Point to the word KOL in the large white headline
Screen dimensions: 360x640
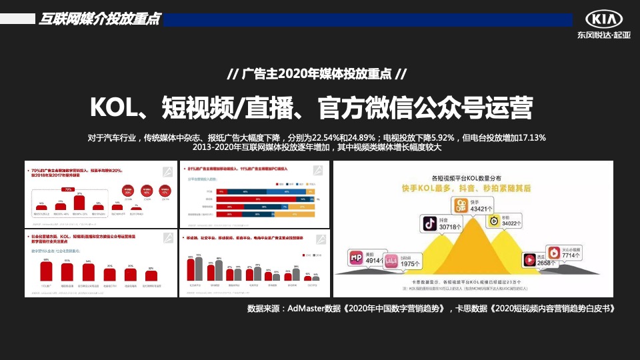click(x=113, y=107)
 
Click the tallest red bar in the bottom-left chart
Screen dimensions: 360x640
click(x=46, y=270)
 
